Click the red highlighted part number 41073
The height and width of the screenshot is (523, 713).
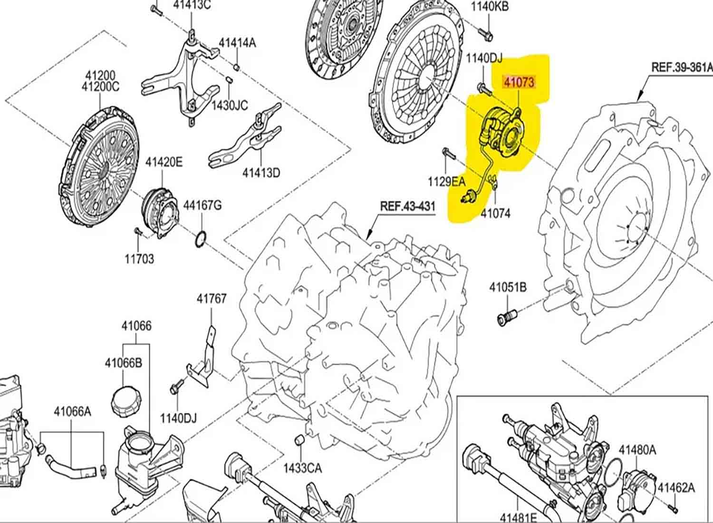click(519, 82)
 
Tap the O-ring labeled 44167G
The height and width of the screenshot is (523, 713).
click(201, 239)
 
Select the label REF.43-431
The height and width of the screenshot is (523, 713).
click(407, 206)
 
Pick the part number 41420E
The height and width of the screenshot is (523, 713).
click(164, 162)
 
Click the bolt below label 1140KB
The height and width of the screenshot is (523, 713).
click(487, 33)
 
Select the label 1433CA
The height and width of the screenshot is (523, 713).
click(302, 468)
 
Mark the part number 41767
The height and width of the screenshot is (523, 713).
click(212, 299)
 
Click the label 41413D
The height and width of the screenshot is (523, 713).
click(261, 172)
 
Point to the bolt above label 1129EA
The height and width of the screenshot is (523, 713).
click(447, 153)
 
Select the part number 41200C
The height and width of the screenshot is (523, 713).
click(100, 87)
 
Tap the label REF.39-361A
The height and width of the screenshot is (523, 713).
click(682, 67)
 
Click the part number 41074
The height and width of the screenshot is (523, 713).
click(495, 213)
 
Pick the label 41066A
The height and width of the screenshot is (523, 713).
click(72, 411)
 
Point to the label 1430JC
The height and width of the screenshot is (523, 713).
click(230, 105)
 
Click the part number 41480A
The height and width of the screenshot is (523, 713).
click(637, 449)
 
